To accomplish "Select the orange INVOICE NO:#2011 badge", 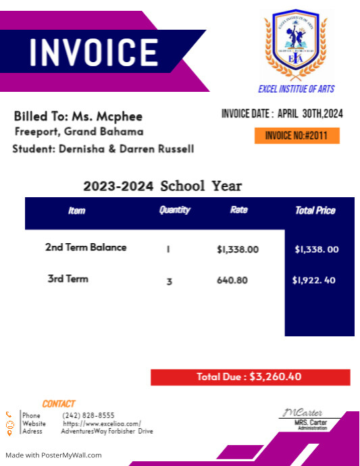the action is [x=297, y=136].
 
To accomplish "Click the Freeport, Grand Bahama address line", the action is [x=79, y=132].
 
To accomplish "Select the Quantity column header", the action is [x=174, y=210].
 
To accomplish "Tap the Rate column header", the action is [x=238, y=210].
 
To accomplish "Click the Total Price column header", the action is [x=315, y=211].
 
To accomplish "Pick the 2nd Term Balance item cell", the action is [x=86, y=247].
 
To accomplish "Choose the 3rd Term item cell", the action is [x=68, y=278].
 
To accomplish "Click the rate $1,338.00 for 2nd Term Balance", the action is [x=238, y=249].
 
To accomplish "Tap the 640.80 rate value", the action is [x=232, y=280].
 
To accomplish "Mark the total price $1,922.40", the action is [x=314, y=280].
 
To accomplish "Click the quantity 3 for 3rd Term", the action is [x=170, y=281].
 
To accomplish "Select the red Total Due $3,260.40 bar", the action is [x=250, y=377].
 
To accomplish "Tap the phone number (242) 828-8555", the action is [x=88, y=415].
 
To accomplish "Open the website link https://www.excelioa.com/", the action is [x=102, y=423].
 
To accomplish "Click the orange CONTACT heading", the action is [x=59, y=404].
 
